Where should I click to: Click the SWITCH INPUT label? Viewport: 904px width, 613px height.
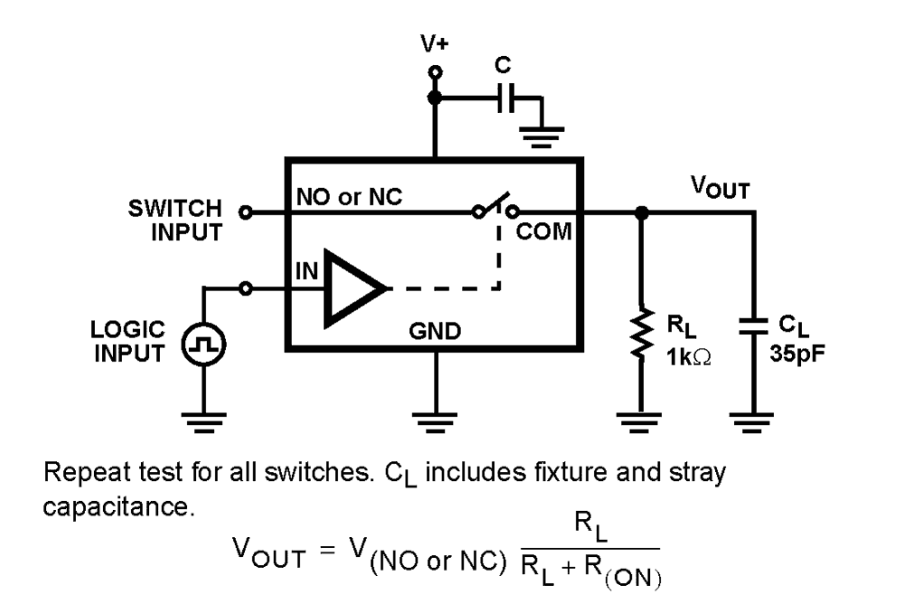(x=174, y=221)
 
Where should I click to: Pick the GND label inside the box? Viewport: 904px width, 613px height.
(x=436, y=332)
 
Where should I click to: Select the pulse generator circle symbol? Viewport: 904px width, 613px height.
(x=203, y=344)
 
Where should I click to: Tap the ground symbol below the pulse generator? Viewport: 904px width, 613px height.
(x=203, y=417)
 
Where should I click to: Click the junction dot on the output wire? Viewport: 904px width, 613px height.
(x=641, y=213)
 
